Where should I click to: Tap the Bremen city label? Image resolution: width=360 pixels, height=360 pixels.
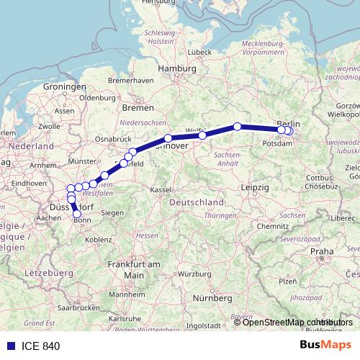tap(138, 107)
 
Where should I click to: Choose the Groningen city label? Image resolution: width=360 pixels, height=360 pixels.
tap(65, 86)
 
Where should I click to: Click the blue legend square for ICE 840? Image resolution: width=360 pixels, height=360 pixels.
tap(9, 346)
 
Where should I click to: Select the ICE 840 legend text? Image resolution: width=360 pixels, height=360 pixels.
tap(41, 346)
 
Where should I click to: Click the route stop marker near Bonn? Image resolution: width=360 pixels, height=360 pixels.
tap(77, 214)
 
